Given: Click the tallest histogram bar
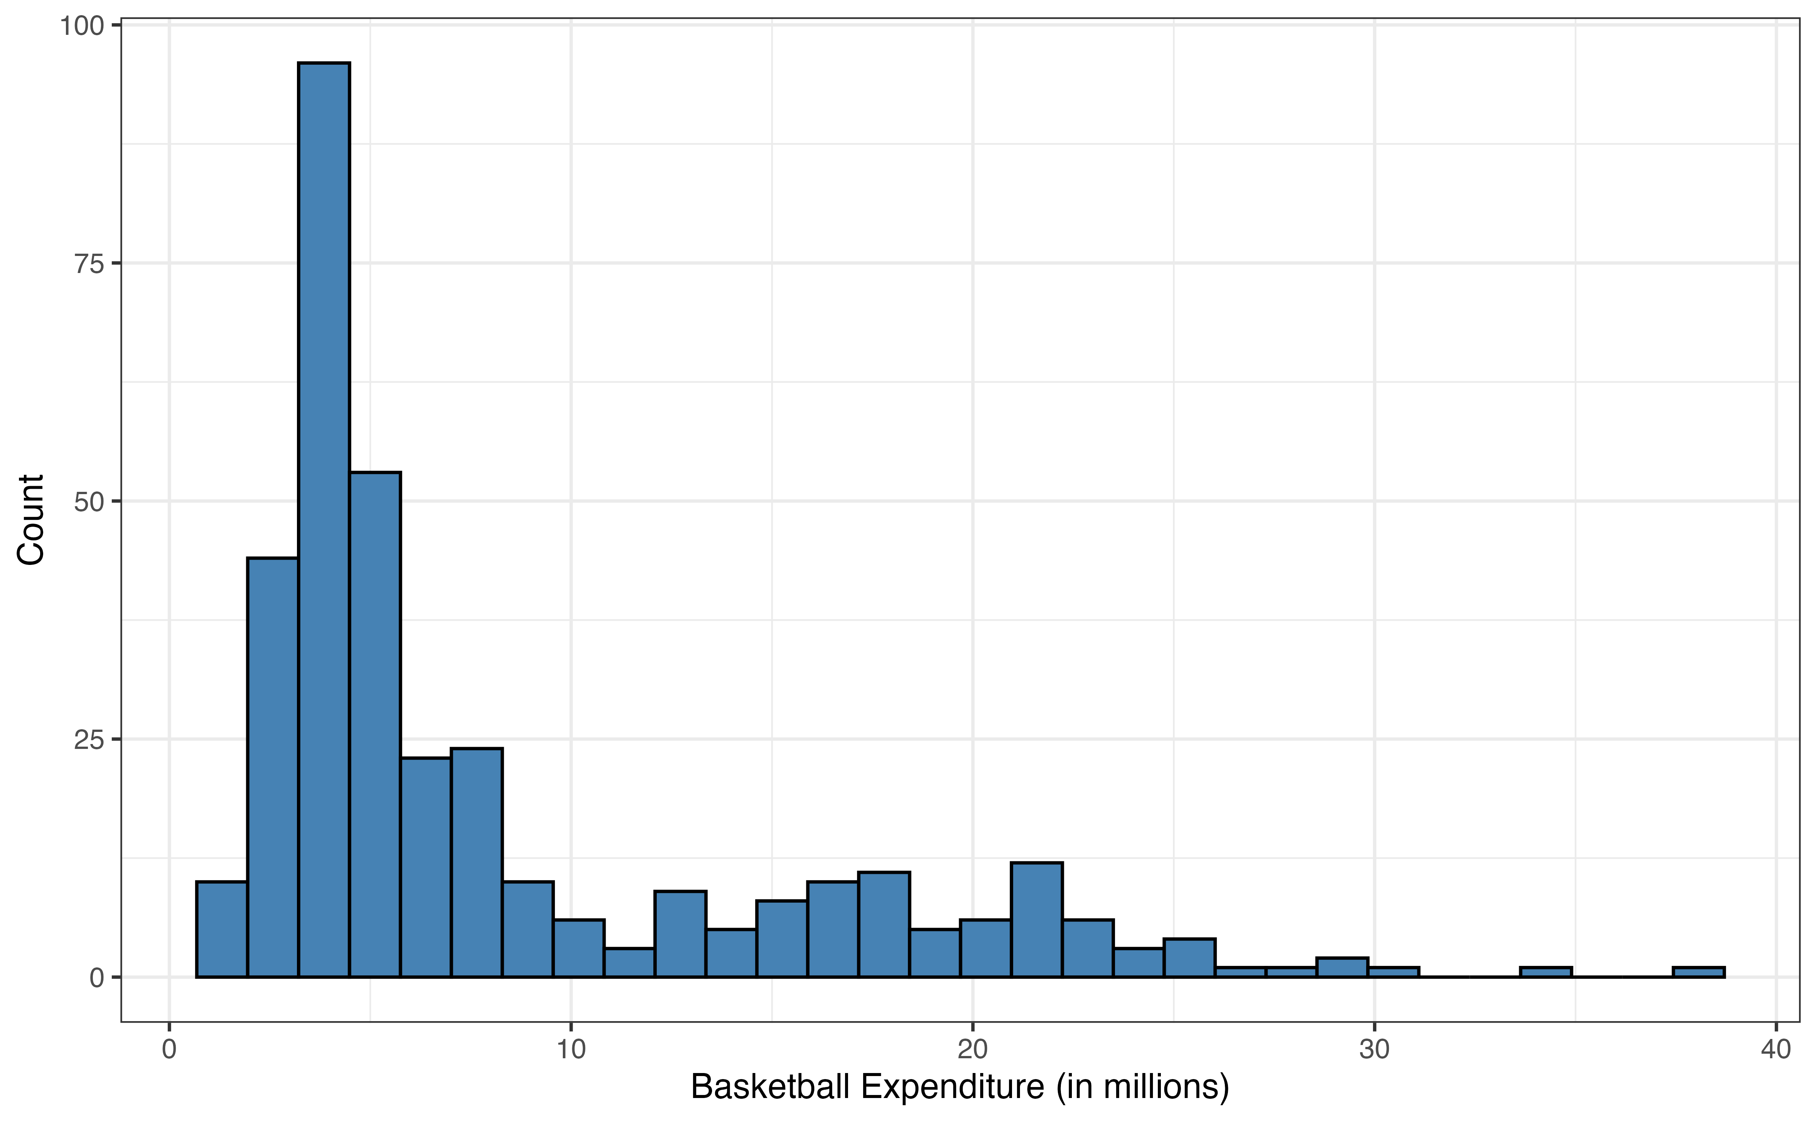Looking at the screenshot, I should (324, 520).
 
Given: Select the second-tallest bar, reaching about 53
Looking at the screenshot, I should (375, 724).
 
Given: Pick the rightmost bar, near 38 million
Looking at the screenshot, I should (1698, 972).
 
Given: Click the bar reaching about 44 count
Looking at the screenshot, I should (273, 767).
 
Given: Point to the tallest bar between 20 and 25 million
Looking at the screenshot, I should (1036, 920).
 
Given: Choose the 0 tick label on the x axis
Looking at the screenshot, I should (169, 1050).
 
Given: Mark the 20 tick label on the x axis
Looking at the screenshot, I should (973, 1050).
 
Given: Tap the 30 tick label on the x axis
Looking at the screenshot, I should (1374, 1050).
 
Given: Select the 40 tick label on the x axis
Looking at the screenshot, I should (1776, 1050).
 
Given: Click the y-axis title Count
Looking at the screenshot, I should (31, 520).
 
